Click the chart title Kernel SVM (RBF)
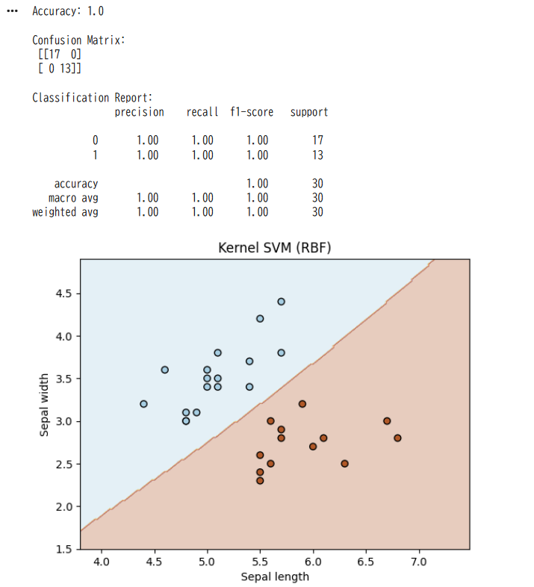[274, 247]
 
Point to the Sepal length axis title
[274, 577]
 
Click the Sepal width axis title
[44, 404]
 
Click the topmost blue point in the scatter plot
[281, 302]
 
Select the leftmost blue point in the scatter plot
[143, 404]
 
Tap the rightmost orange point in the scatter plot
[397, 438]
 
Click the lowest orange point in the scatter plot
[260, 480]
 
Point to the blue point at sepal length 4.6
[164, 370]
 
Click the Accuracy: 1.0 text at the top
[68, 11]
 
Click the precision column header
[139, 112]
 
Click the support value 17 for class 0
[317, 140]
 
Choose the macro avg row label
[73, 198]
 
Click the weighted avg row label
[65, 212]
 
